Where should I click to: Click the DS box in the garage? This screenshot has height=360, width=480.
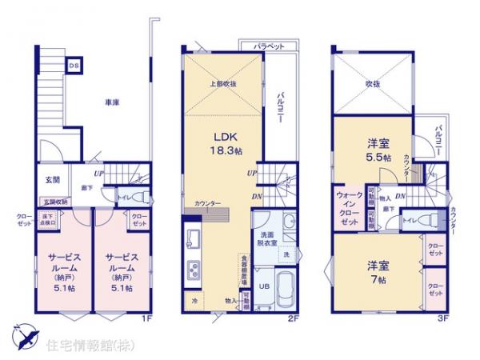73,65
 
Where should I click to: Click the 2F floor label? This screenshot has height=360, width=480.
294,318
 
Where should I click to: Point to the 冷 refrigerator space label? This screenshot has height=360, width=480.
194,301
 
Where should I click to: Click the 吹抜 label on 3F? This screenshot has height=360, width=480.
372,82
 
